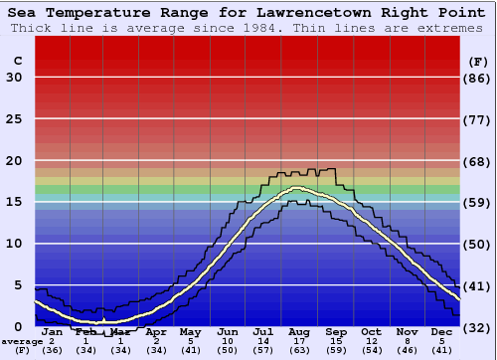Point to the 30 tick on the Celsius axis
pos(14,78)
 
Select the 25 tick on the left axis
pos(14,119)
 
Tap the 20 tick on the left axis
pos(14,161)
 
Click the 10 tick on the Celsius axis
pos(14,244)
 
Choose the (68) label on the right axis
pos(478,161)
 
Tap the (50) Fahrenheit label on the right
pos(478,244)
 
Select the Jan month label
pos(52,332)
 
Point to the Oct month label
pos(370,332)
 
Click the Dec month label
pos(442,332)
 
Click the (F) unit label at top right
pos(478,61)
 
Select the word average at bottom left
pos(22,341)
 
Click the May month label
pos(191,332)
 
